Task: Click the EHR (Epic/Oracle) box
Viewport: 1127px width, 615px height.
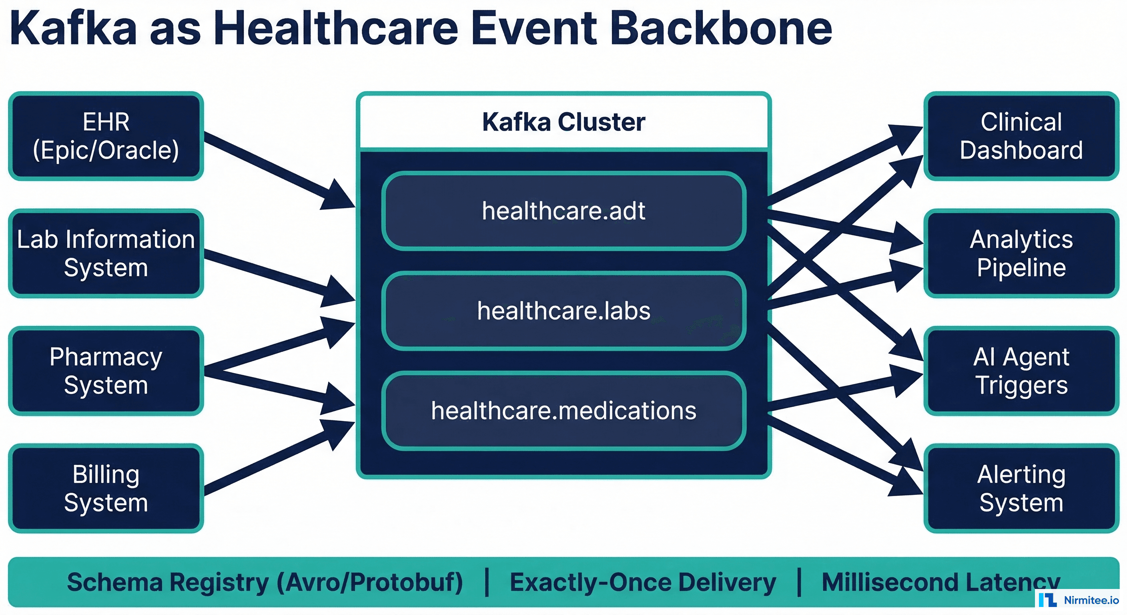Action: pyautogui.click(x=106, y=136)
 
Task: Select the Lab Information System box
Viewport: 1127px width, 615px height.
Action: pyautogui.click(x=106, y=253)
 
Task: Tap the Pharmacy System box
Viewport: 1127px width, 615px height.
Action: pyautogui.click(x=106, y=371)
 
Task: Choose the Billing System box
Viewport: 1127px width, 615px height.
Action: pyautogui.click(x=106, y=488)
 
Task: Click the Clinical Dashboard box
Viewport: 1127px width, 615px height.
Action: pyautogui.click(x=1021, y=136)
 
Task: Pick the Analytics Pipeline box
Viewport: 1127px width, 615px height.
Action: pyautogui.click(x=1021, y=253)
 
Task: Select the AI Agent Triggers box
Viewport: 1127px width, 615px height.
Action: pyautogui.click(x=1021, y=371)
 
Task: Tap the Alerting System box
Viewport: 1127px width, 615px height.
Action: pyautogui.click(x=1021, y=488)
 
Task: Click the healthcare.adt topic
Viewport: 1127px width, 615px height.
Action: pyautogui.click(x=563, y=211)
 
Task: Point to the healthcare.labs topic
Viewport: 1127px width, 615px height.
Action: pyautogui.click(x=563, y=311)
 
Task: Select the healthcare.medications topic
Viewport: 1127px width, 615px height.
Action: pyautogui.click(x=563, y=410)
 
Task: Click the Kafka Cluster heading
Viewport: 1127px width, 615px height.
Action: pyautogui.click(x=563, y=122)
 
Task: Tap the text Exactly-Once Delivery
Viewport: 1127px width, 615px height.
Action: pyautogui.click(x=643, y=583)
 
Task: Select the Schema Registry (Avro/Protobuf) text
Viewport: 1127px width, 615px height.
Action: pyautogui.click(x=265, y=583)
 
